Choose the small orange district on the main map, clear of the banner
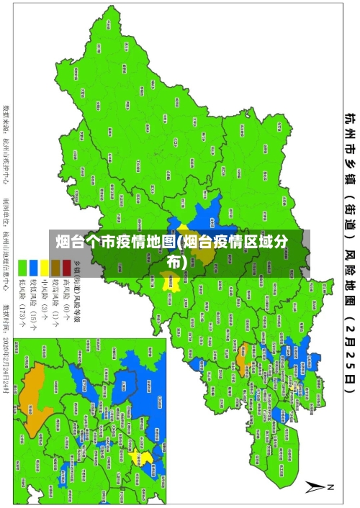[242, 335]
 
